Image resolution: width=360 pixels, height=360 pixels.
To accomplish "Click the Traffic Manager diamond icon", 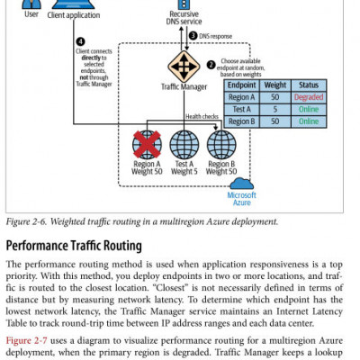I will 184,68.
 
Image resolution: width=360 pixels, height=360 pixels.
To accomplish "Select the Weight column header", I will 275,83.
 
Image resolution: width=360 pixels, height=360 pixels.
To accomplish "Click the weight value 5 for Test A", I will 275,108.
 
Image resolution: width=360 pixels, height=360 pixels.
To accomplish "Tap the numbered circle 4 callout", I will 81,41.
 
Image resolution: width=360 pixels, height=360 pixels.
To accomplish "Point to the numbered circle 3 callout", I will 193,35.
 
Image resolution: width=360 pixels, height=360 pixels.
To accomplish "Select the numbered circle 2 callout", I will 211,64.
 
